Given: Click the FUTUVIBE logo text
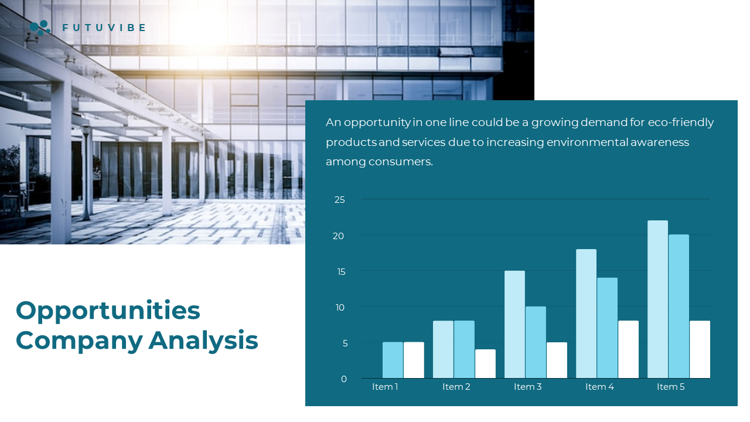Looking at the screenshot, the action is coord(104,28).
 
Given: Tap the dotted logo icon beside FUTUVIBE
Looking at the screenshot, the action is coord(40,28).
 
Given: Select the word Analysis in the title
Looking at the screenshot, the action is coord(203,341).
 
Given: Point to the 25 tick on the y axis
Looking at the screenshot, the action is coord(339,200).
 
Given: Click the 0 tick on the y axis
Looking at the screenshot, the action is coord(344,379).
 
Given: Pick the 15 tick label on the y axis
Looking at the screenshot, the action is coord(341,272).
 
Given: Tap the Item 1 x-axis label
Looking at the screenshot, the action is coord(385,387).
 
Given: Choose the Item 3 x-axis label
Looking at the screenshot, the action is coord(528,387).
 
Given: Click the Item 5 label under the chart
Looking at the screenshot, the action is coord(671,387).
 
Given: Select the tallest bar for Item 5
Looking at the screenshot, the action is coord(657,300).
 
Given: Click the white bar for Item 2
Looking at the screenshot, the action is coord(485,364).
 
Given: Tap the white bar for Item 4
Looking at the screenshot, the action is coord(629,350).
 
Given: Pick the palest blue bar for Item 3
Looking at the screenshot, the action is coord(514,325).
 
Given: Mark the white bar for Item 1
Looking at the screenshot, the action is coord(414,360).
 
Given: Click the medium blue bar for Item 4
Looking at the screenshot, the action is coord(608,328).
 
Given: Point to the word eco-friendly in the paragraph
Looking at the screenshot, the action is coord(681,122).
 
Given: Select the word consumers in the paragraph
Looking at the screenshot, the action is coord(401,162).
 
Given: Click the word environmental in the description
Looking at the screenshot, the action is coord(587,142).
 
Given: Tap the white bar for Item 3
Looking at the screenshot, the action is coord(557,360).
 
